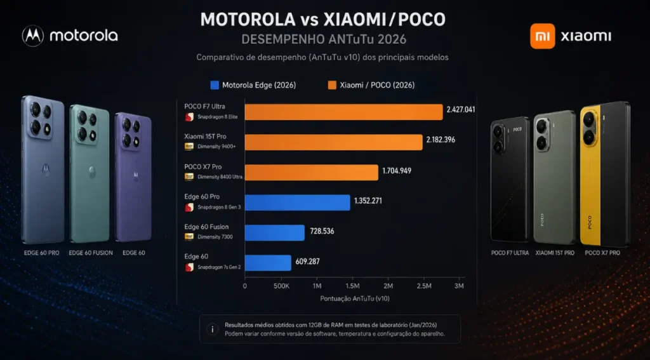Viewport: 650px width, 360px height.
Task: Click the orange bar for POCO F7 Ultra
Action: pyautogui.click(x=343, y=112)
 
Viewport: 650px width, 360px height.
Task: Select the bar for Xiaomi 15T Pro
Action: pyautogui.click(x=333, y=142)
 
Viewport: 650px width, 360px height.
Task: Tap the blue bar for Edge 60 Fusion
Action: pyautogui.click(x=275, y=233)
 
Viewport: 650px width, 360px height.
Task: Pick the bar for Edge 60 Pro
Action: pyautogui.click(x=297, y=203)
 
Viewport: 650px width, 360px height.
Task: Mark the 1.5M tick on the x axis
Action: pyautogui.click(x=353, y=286)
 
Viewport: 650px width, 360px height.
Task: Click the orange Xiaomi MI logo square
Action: pyautogui.click(x=543, y=36)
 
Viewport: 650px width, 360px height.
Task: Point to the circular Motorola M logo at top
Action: pyautogui.click(x=32, y=36)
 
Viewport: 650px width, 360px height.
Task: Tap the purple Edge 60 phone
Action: pyautogui.click(x=133, y=174)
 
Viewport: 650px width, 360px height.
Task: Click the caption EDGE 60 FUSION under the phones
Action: pyautogui.click(x=91, y=253)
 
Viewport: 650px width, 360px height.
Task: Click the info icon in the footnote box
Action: pyautogui.click(x=212, y=329)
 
